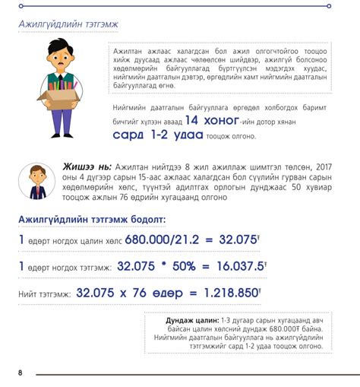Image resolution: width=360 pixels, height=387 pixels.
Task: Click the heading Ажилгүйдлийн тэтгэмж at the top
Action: coord(68,24)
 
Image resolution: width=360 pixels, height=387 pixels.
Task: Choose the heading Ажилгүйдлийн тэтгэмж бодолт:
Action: coord(90,220)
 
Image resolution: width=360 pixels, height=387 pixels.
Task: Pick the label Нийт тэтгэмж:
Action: coord(45,293)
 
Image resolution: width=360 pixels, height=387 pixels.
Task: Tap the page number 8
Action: coord(21,373)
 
